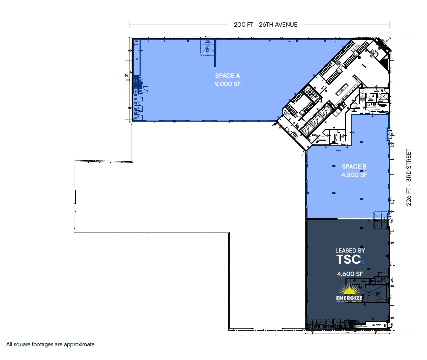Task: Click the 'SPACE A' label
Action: tap(227, 76)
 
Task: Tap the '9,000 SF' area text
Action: tap(227, 84)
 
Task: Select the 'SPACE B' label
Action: tap(354, 167)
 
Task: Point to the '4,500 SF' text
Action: tap(354, 175)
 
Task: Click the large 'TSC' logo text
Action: tap(349, 259)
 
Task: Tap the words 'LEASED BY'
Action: tap(350, 250)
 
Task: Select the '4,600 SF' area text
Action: tap(350, 274)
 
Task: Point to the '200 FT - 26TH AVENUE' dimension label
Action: tap(265, 25)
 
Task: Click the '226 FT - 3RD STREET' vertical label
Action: tap(409, 177)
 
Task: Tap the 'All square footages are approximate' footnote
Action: tap(50, 344)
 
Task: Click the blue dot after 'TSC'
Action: tap(363, 263)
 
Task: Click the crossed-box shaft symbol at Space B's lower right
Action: tap(381, 220)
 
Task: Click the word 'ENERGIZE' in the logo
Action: tap(349, 298)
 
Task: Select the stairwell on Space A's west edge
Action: tap(140, 83)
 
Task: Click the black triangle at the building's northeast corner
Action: tap(385, 64)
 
